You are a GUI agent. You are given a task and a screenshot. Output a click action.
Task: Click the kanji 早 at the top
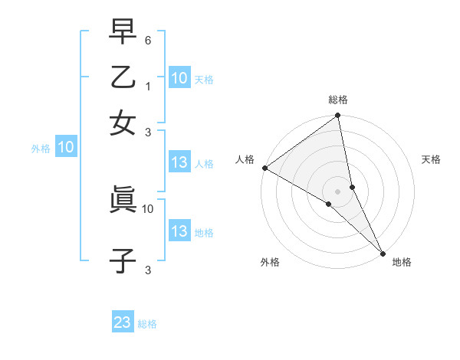click(x=123, y=33)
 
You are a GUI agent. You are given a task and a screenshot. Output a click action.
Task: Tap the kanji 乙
click(x=123, y=77)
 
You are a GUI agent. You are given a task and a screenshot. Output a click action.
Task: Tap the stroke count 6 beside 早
click(x=149, y=40)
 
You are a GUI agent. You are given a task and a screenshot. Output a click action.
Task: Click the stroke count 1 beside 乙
click(x=149, y=87)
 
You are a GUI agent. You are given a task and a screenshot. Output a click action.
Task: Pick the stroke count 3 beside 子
click(x=149, y=270)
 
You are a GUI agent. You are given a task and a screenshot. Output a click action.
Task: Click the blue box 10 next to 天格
click(x=179, y=78)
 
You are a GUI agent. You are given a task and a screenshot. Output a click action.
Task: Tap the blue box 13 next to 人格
click(x=179, y=162)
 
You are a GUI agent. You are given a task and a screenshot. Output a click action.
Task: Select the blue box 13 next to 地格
click(x=179, y=231)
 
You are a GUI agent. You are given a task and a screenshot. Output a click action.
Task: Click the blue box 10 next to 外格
click(x=66, y=147)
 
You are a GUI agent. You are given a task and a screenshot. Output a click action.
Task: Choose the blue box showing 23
click(x=123, y=322)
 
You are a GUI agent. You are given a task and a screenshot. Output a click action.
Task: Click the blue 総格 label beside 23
click(x=147, y=324)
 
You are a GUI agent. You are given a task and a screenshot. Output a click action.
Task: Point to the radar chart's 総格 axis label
click(x=338, y=100)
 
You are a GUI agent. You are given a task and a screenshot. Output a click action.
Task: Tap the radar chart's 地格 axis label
click(x=402, y=262)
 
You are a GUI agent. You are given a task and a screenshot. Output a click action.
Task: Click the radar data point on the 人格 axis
click(x=264, y=168)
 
